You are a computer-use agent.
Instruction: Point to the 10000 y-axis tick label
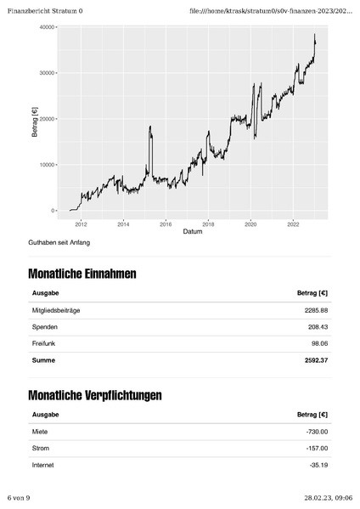click(47, 164)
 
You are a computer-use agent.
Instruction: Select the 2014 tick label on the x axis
click(123, 225)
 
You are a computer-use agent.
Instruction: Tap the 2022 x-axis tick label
click(293, 225)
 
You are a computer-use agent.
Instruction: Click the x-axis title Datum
click(192, 232)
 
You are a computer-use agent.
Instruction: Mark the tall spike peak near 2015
click(150, 127)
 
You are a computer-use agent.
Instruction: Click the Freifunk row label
click(45, 343)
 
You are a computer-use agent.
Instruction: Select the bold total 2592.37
click(312, 360)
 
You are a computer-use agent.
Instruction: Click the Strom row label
click(41, 448)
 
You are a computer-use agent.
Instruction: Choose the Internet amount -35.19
click(317, 465)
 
